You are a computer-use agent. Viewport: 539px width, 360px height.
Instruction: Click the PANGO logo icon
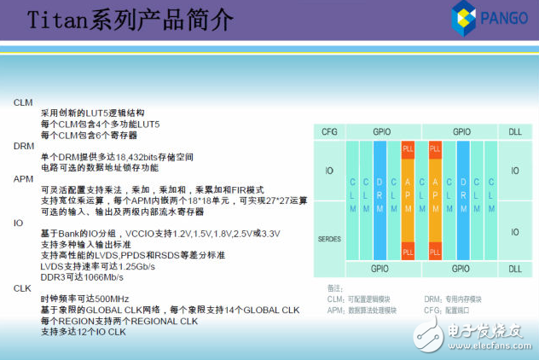[466, 19]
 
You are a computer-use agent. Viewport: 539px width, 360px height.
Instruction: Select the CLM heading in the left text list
[23, 102]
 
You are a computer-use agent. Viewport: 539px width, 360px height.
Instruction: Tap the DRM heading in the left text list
[23, 146]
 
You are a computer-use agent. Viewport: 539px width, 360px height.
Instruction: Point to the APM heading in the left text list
[23, 178]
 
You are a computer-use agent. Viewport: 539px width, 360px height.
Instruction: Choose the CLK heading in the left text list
[22, 288]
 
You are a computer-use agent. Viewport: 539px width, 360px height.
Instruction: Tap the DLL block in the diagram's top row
[514, 132]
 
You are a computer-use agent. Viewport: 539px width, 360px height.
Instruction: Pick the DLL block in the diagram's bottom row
[514, 270]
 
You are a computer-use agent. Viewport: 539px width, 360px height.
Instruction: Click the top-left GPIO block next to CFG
[381, 132]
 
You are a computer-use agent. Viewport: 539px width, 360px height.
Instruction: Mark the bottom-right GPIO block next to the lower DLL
[461, 270]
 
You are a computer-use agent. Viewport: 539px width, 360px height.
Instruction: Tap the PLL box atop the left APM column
[408, 148]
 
